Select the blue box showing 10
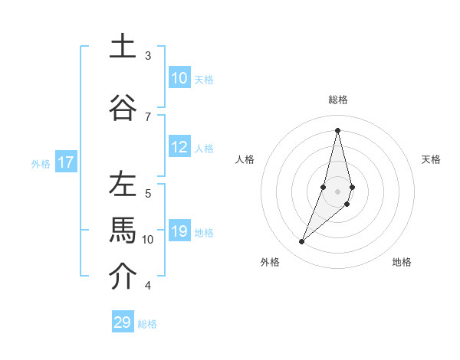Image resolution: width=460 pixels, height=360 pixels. pos(179,78)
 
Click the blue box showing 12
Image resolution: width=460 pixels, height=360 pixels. pos(179,147)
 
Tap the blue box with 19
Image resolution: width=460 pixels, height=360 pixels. pos(179,231)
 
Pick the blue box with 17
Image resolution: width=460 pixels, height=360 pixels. pos(65,162)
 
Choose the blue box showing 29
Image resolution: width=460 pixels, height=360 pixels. pos(123,322)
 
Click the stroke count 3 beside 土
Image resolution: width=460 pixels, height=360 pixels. pos(148,56)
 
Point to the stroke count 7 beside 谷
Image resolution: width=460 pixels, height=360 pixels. pos(148,116)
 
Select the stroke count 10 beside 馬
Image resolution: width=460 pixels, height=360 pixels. pos(148,240)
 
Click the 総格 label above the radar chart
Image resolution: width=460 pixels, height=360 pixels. pos(338,100)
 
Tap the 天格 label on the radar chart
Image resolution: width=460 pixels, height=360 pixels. pos(432,159)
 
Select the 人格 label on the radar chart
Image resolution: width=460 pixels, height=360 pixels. pos(245,159)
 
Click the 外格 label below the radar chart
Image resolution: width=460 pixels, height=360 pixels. pos(270,262)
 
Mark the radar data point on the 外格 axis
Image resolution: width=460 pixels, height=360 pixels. pos(301,242)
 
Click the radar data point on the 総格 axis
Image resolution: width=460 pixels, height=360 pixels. pos(337,130)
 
